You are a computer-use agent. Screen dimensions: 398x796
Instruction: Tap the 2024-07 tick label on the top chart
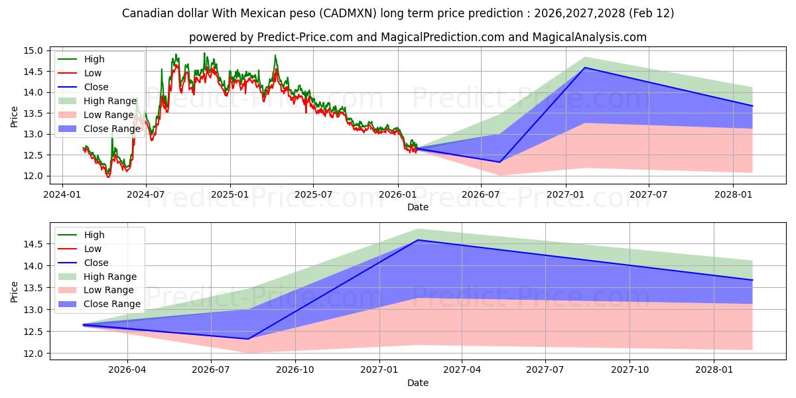pyautogui.click(x=145, y=194)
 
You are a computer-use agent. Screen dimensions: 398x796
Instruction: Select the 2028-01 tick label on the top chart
pyautogui.click(x=733, y=194)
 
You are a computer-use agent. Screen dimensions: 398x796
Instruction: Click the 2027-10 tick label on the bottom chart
pyautogui.click(x=630, y=370)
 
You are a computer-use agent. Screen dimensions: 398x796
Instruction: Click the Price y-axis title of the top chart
pyautogui.click(x=15, y=117)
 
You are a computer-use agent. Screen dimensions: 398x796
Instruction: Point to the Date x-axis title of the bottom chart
pyautogui.click(x=418, y=383)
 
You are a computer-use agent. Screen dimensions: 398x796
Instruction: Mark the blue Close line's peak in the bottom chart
pyautogui.click(x=417, y=240)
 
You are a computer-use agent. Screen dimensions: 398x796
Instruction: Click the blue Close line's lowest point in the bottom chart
pyautogui.click(x=248, y=339)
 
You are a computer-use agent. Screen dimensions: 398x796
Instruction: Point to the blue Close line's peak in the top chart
pyautogui.click(x=584, y=68)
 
